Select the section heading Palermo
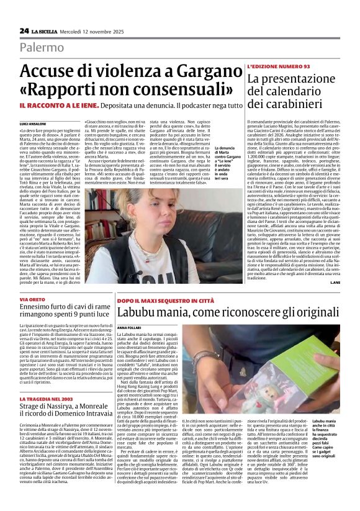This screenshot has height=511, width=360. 42,47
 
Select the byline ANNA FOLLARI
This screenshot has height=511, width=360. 129,327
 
